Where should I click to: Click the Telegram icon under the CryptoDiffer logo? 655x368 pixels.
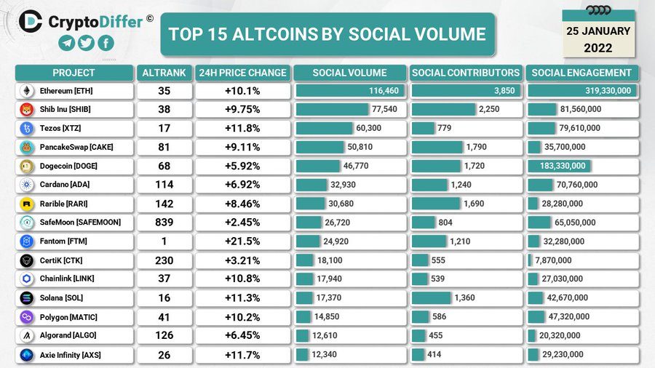click(66, 44)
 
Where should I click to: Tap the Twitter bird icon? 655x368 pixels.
click(86, 44)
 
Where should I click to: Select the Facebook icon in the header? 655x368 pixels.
click(106, 44)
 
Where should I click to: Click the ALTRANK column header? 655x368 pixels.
click(164, 73)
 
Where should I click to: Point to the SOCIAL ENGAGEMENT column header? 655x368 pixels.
click(581, 73)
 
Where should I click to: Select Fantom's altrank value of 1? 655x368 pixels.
click(164, 241)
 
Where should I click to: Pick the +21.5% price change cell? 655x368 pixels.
click(242, 241)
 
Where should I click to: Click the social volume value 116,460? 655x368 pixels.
click(384, 91)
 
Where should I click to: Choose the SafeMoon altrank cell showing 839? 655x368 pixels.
click(164, 222)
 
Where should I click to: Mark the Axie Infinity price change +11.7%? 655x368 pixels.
click(242, 354)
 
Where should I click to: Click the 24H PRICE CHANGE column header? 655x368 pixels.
click(242, 73)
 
